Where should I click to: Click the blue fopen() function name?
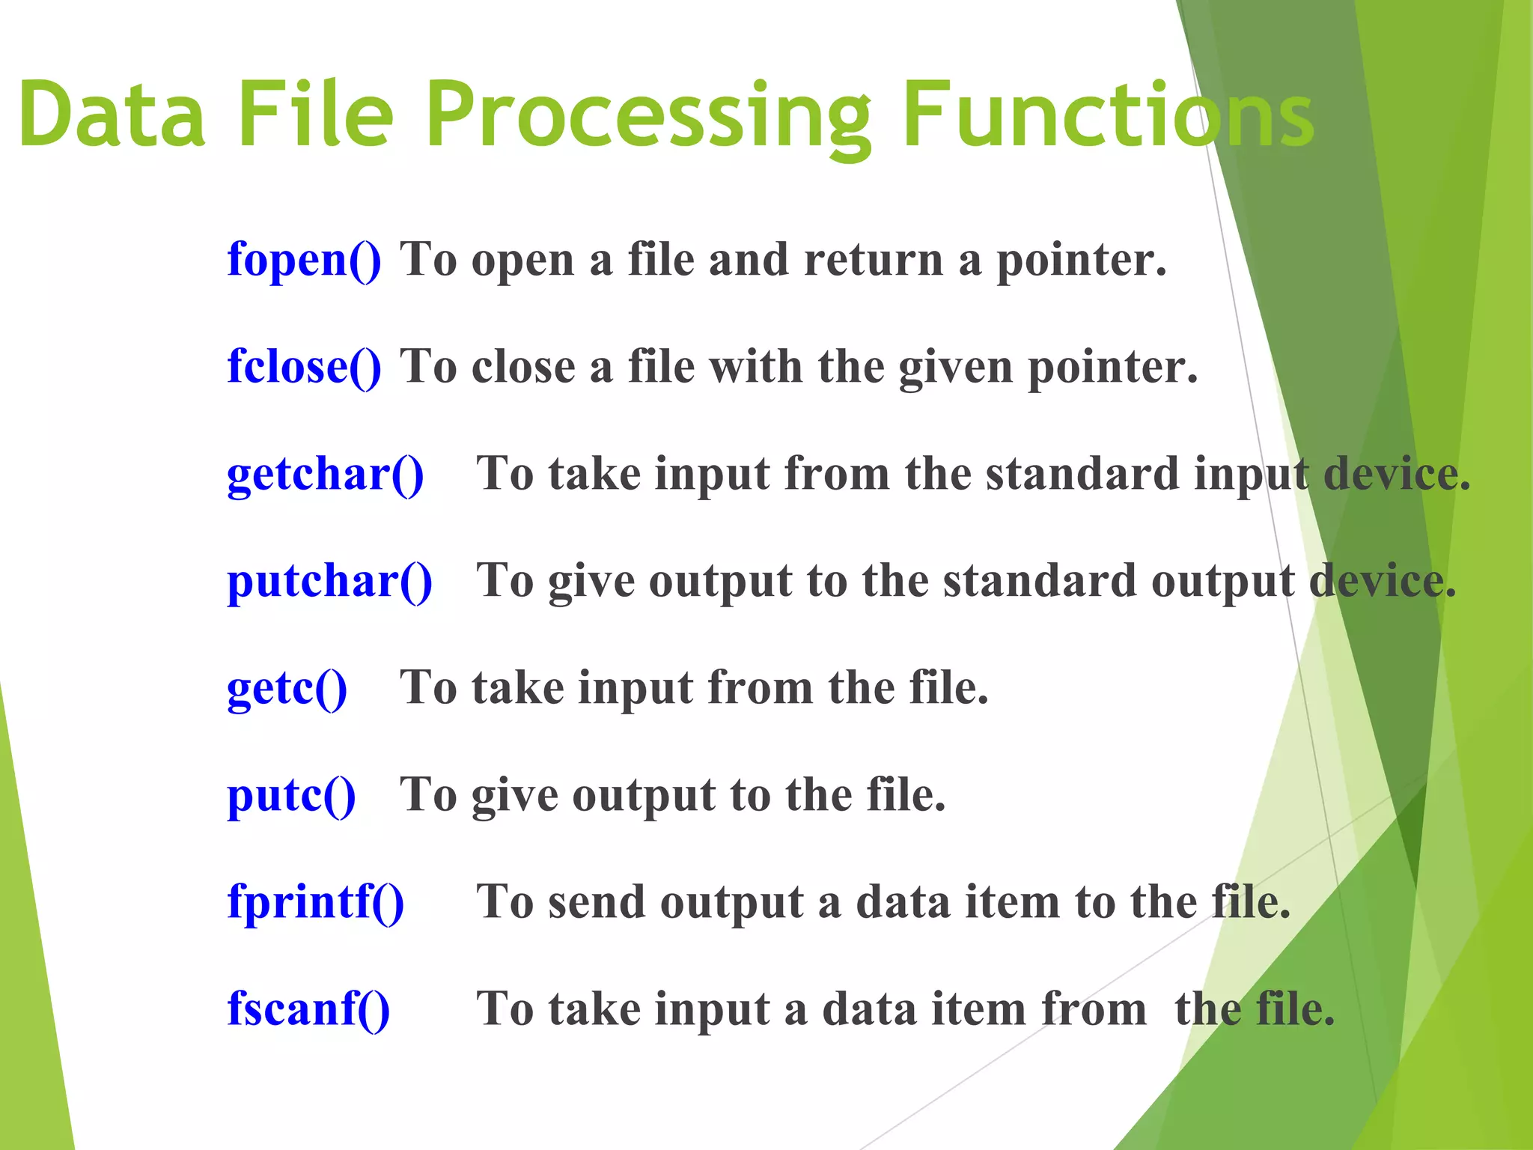point(304,260)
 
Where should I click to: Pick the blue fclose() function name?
point(304,367)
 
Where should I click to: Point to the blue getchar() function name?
point(325,475)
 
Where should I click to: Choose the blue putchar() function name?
point(329,582)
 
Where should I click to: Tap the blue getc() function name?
point(287,689)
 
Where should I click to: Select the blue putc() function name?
point(291,796)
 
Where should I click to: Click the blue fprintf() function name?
point(315,901)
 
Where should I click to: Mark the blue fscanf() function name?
point(308,1008)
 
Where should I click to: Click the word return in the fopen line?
point(873,260)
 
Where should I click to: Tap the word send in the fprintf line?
point(596,901)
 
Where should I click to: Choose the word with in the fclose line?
point(756,367)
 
